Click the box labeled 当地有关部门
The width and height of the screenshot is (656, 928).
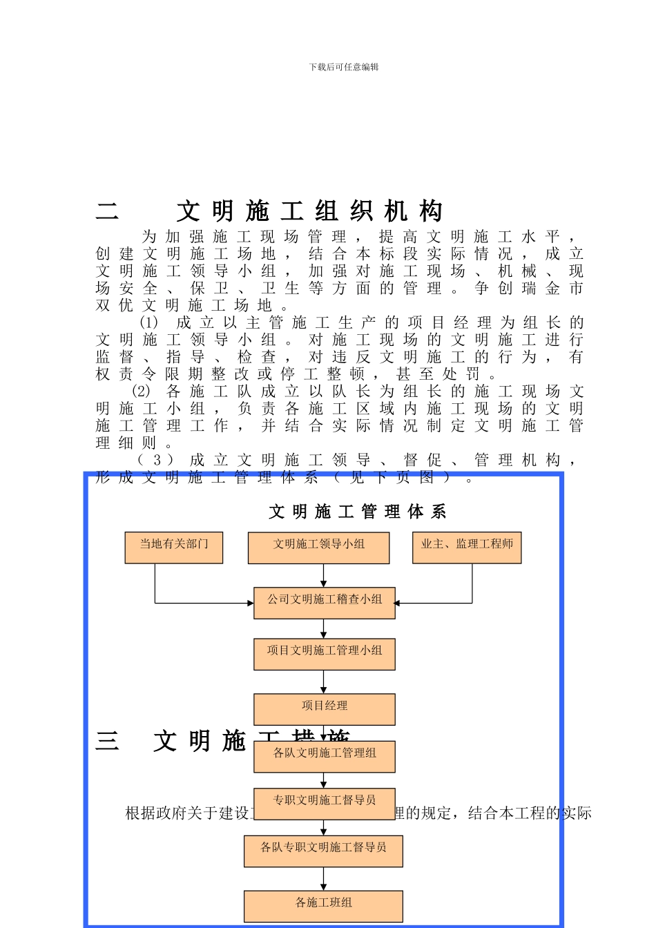(174, 547)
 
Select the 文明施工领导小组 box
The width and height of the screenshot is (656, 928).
(318, 547)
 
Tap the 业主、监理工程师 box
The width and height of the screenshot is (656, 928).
(467, 547)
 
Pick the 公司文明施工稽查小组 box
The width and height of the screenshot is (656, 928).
(325, 602)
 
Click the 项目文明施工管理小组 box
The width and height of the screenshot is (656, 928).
(325, 654)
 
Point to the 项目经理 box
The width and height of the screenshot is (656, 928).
(325, 709)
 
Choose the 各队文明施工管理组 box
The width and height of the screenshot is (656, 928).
(325, 756)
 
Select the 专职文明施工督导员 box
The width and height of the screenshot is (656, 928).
(325, 804)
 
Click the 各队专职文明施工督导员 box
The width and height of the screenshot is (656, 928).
(323, 851)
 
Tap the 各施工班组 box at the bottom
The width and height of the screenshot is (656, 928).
(323, 906)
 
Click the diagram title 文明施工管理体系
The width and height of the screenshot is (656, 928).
(358, 512)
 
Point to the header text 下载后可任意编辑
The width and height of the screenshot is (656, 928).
(344, 67)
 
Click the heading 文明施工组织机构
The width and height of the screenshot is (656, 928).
(309, 211)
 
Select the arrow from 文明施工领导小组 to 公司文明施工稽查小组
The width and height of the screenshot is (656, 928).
(323, 575)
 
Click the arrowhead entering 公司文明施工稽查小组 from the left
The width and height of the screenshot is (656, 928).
(250, 603)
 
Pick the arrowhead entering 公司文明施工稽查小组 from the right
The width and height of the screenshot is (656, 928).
(398, 603)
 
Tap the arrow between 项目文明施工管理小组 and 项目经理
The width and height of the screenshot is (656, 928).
(323, 682)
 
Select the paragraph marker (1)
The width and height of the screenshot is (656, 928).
(149, 322)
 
